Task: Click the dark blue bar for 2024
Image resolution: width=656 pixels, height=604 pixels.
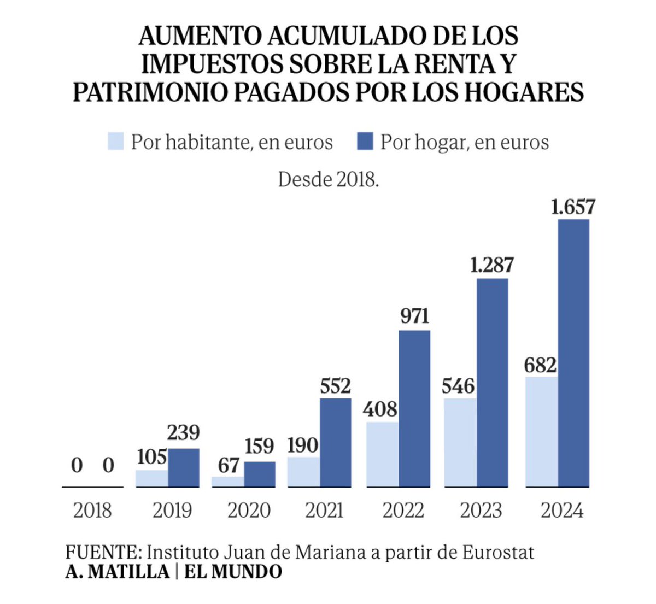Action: tap(573, 353)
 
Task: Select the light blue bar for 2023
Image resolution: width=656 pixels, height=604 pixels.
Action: tap(460, 443)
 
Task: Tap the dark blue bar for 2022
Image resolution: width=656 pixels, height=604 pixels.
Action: tap(414, 409)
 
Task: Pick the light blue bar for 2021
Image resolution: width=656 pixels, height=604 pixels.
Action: tap(303, 472)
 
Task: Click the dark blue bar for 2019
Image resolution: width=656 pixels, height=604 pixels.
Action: tap(184, 468)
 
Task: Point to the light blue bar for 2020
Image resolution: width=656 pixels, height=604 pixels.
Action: tap(227, 482)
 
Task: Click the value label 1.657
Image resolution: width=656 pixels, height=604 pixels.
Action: tap(572, 207)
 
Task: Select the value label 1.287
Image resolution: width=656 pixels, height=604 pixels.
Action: tap(492, 265)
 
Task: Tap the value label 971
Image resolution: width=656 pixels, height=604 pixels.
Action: tap(414, 316)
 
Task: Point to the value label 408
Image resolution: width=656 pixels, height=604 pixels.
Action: tap(380, 409)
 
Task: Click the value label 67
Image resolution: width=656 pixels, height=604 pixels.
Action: tap(228, 465)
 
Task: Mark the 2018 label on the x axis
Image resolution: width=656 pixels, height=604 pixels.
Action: tap(92, 511)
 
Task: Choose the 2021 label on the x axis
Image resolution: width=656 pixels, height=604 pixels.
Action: tap(324, 511)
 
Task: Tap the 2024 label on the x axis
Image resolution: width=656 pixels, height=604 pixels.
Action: tap(562, 511)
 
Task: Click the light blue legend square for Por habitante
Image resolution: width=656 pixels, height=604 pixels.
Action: tap(116, 142)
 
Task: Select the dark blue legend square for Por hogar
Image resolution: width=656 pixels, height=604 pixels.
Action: tap(365, 142)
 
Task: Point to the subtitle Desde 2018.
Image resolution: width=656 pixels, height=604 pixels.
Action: tap(328, 179)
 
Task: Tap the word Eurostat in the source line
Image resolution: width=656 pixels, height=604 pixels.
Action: tap(498, 552)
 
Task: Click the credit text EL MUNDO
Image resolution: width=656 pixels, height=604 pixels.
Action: tap(233, 572)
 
